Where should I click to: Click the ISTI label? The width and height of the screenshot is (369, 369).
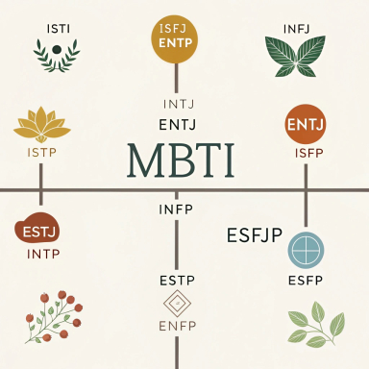point(59,29)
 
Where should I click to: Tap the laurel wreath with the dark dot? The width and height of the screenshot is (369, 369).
point(57,55)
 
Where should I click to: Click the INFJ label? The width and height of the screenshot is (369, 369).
point(296,29)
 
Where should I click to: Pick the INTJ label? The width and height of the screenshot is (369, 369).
point(179,105)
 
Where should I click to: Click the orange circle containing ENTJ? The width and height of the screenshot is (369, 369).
point(306,124)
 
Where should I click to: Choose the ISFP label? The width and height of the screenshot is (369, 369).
point(309,154)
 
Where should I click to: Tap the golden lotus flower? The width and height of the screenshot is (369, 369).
point(41,125)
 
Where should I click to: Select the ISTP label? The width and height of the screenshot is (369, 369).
point(42,153)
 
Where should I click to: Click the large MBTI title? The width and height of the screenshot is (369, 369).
point(181,160)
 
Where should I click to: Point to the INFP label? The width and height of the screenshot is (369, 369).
point(176,209)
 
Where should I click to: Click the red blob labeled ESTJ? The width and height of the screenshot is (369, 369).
point(37,231)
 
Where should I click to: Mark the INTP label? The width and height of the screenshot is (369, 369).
point(43,255)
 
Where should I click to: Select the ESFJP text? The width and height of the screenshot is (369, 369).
point(254,235)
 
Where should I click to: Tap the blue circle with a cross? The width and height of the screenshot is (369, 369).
point(306,250)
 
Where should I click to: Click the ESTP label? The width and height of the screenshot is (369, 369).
point(177,281)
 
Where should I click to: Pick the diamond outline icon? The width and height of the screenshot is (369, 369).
point(177,304)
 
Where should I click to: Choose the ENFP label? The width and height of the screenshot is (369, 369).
point(177,326)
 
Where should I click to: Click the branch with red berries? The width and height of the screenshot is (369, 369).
point(53,316)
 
